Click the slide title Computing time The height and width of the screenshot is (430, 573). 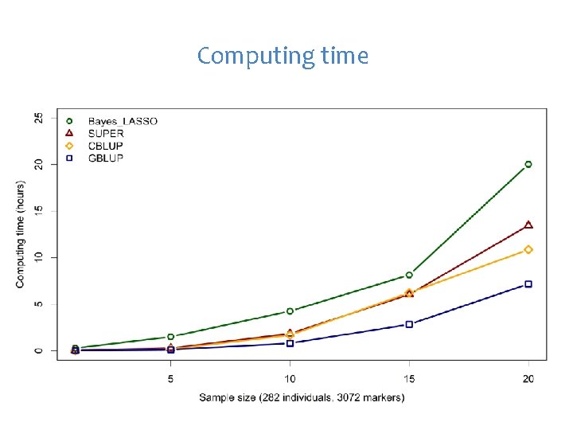pos(283,56)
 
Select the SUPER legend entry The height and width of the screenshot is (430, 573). pos(106,133)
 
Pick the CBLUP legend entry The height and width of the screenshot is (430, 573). pos(106,146)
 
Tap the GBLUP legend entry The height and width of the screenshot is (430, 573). pos(106,158)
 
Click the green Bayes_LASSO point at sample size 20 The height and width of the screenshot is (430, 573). pos(528,164)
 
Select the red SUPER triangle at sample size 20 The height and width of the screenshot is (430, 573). pos(528,225)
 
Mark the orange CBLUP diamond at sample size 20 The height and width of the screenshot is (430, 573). pos(528,250)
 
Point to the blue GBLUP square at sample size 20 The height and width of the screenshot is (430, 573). pos(528,284)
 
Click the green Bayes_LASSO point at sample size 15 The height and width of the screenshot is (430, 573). pos(409,275)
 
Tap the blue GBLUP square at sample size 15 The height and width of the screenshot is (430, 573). pos(409,324)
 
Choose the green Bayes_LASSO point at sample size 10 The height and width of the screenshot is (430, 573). pos(290,311)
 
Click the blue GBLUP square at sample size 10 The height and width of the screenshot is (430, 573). pos(290,343)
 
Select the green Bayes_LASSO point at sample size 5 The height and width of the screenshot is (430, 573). pos(170,337)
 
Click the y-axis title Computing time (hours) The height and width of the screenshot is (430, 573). pos(20,234)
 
